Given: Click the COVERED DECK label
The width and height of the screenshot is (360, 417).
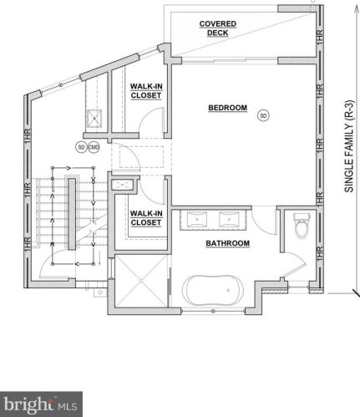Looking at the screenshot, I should [x=218, y=28].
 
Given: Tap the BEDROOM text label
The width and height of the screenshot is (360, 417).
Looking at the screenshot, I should [x=226, y=108].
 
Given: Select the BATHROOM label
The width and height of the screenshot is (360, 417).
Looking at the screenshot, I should [x=227, y=243].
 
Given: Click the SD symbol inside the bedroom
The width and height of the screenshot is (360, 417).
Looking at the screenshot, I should [x=263, y=114].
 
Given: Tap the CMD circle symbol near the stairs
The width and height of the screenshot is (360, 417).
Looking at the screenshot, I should [x=94, y=147].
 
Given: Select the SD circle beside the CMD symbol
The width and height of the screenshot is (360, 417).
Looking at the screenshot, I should [x=81, y=147].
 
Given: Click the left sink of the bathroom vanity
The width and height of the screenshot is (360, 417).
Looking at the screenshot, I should [x=199, y=221].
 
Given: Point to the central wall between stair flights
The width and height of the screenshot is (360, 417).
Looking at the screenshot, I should [x=73, y=221].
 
